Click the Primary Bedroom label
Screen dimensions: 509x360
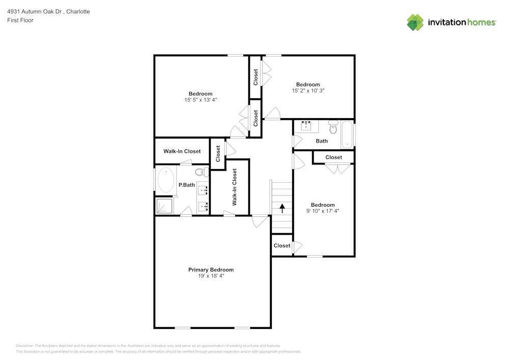tap(211, 270)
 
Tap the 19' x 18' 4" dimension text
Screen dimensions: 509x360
tap(211, 276)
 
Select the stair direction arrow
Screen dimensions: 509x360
tap(282, 208)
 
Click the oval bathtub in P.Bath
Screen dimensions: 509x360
tap(165, 180)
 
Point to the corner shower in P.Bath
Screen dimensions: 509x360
tap(164, 206)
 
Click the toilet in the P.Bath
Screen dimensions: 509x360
tap(202, 172)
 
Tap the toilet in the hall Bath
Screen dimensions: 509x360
tap(333, 127)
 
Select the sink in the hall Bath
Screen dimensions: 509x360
tap(306, 126)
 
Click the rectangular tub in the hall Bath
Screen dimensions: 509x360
tap(347, 134)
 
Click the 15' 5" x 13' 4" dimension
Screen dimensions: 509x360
tap(201, 100)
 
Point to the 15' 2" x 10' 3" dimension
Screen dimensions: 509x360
tap(308, 91)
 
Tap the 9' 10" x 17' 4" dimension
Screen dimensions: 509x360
tap(323, 211)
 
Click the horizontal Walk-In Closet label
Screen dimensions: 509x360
tap(182, 151)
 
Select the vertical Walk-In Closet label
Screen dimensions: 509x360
tap(234, 187)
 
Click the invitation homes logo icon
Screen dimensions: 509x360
tap(415, 22)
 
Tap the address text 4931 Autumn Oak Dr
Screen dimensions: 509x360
tap(35, 12)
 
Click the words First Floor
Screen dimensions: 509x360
tap(20, 20)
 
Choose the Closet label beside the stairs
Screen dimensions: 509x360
tap(282, 246)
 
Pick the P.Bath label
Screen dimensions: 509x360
tap(187, 185)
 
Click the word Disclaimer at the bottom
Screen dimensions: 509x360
tap(24, 346)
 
